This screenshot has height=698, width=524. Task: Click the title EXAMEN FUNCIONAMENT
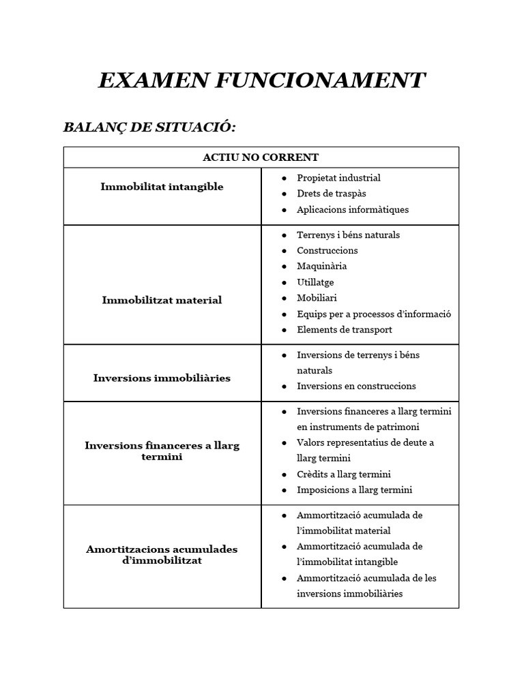[x=261, y=80]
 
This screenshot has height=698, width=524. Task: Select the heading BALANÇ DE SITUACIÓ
[x=149, y=127]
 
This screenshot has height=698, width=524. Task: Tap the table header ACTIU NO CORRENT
[x=261, y=157]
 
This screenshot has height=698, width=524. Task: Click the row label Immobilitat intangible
[x=162, y=187]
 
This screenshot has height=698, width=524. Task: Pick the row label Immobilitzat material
[x=162, y=300]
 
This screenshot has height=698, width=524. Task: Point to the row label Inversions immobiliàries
[x=162, y=378]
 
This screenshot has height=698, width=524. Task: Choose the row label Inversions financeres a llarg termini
[x=162, y=451]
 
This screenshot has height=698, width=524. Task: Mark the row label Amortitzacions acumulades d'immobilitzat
[x=162, y=555]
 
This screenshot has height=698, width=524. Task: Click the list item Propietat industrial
[x=338, y=178]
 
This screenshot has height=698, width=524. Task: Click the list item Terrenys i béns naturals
[x=348, y=234]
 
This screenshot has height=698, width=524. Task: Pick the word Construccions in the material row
[x=327, y=250]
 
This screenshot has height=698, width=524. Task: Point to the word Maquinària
[x=321, y=266]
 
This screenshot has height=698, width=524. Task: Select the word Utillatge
[x=315, y=282]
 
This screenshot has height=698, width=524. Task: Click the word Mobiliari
[x=317, y=298]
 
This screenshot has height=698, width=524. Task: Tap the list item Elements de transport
[x=344, y=329]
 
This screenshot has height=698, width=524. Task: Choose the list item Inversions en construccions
[x=356, y=386]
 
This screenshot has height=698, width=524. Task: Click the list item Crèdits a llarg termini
[x=343, y=474]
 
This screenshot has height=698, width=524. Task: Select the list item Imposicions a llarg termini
[x=354, y=489]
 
